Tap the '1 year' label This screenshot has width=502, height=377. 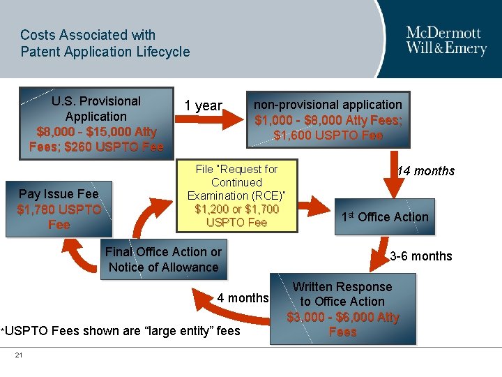203,105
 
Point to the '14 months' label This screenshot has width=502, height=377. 425,171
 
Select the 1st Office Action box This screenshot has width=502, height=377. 385,217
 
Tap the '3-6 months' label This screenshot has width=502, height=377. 421,256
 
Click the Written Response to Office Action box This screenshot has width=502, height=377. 342,309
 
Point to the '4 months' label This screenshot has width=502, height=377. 243,298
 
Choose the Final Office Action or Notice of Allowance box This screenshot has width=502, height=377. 163,260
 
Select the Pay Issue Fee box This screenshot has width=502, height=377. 59,209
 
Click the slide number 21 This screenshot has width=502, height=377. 19,356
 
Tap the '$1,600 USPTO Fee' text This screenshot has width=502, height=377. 328,135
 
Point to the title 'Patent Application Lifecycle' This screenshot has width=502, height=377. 105,52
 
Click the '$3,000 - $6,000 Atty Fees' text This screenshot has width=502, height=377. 342,325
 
